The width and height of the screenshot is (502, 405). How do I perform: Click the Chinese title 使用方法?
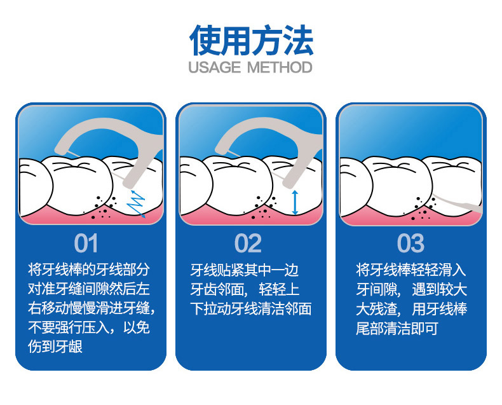pos(251,41)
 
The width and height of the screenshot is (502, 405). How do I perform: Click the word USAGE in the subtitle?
pos(214,67)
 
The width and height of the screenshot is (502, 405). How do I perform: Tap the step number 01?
pos(86,244)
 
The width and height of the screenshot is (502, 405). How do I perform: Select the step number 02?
pos(248,244)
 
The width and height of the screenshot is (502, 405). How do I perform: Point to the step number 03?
pos(410,244)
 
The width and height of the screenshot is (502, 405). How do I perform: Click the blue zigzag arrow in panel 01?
pos(136,204)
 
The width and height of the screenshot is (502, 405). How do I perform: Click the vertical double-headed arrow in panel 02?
pos(295,202)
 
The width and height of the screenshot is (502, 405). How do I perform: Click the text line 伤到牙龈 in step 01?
pos(55,347)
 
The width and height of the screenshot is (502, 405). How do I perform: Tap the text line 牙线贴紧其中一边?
pos(244,270)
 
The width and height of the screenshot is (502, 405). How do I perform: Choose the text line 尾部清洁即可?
pos(397,328)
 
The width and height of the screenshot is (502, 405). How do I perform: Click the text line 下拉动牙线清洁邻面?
pos(250,309)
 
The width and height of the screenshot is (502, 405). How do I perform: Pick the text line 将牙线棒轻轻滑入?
pos(410,270)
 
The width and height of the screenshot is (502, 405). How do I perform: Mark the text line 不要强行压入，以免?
pos(89,327)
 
